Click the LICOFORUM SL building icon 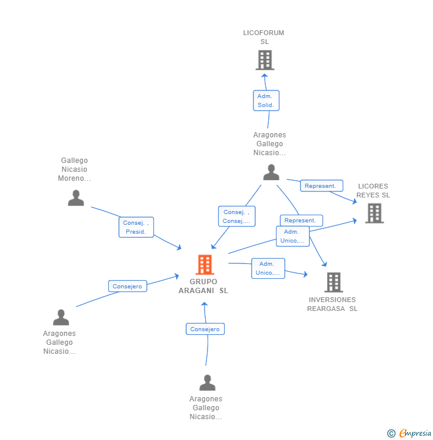pyautogui.click(x=265, y=60)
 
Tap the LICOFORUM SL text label pyautogui.click(x=263, y=37)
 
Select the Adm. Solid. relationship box pyautogui.click(x=266, y=100)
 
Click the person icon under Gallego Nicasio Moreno pyautogui.click(x=76, y=198)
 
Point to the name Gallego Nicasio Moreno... pyautogui.click(x=74, y=169)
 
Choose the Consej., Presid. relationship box pyautogui.click(x=136, y=227)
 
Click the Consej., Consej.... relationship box pyautogui.click(x=237, y=216)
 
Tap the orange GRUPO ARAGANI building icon pyautogui.click(x=205, y=265)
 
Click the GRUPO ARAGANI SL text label pyautogui.click(x=203, y=286)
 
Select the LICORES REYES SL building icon pyautogui.click(x=374, y=213)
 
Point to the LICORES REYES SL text pyautogui.click(x=373, y=190)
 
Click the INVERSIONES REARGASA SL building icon pyautogui.click(x=334, y=282)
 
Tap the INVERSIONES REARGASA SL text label pyautogui.click(x=332, y=304)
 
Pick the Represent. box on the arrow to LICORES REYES pyautogui.click(x=322, y=186)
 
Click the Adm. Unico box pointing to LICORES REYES pyautogui.click(x=293, y=236)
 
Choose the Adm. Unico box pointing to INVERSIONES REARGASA pyautogui.click(x=268, y=268)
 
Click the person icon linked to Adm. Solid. pyautogui.click(x=271, y=172)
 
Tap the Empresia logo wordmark pyautogui.click(x=415, y=433)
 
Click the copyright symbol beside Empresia pyautogui.click(x=391, y=433)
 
